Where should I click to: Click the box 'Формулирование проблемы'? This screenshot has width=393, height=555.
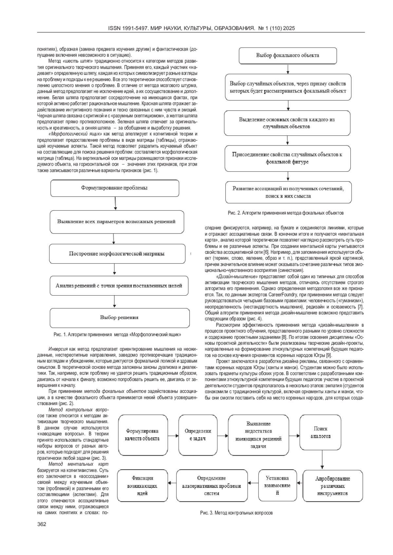[115, 188]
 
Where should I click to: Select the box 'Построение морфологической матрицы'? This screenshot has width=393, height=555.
[117, 254]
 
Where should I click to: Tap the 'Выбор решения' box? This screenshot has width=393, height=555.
[120, 317]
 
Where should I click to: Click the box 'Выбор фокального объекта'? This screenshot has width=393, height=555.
[288, 56]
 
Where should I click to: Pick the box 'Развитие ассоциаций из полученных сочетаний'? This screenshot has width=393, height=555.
[288, 192]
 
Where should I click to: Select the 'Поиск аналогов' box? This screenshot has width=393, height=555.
[320, 433]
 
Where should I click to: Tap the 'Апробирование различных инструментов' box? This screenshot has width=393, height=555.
[332, 486]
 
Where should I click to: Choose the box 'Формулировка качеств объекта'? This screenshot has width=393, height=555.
[142, 435]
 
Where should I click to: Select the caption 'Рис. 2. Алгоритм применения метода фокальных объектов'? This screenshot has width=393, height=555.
[286, 213]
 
